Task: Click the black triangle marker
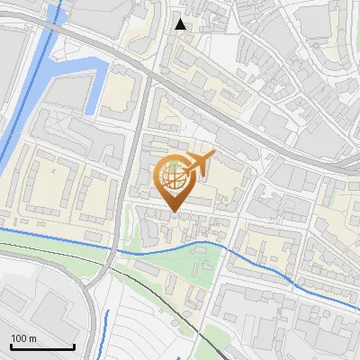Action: point(181,24)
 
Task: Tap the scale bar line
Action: point(42,346)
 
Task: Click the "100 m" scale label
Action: point(23,338)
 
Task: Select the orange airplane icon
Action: point(197,164)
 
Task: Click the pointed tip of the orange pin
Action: point(173,211)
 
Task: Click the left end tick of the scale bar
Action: point(11,346)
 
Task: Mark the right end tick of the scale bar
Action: point(74,346)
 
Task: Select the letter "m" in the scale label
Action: point(32,338)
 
